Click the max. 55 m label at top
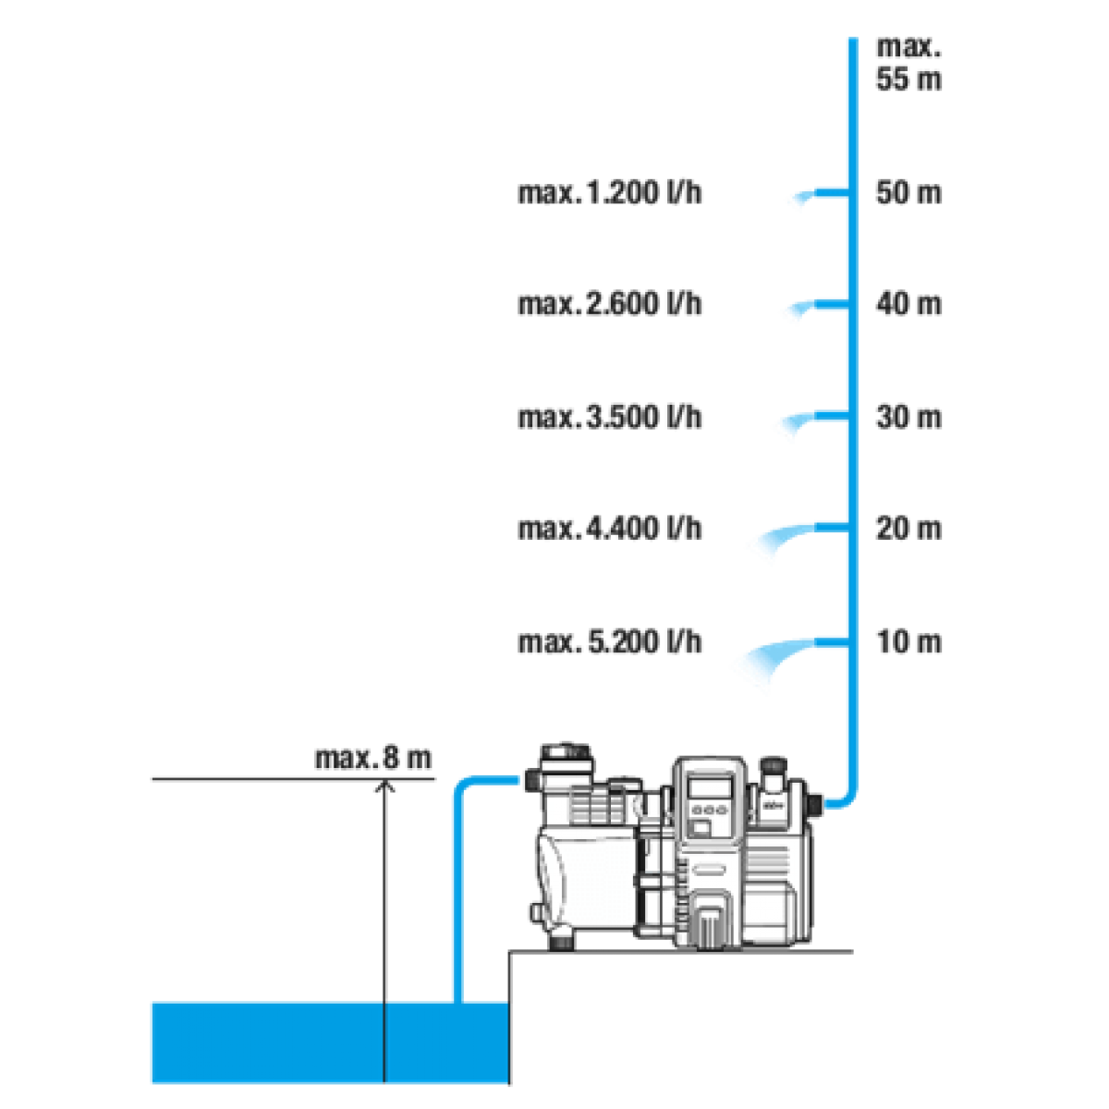tap(908, 63)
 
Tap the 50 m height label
tap(908, 193)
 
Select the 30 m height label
tap(908, 417)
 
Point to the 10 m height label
tap(908, 641)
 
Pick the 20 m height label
tap(908, 529)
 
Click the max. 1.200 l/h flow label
tap(611, 193)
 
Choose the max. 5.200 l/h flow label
tap(611, 641)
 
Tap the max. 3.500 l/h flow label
tap(611, 417)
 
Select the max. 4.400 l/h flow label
tap(611, 529)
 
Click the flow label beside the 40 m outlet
tap(611, 304)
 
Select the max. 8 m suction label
tap(373, 759)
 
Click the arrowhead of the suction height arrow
tap(383, 787)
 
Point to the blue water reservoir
tap(328, 1042)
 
